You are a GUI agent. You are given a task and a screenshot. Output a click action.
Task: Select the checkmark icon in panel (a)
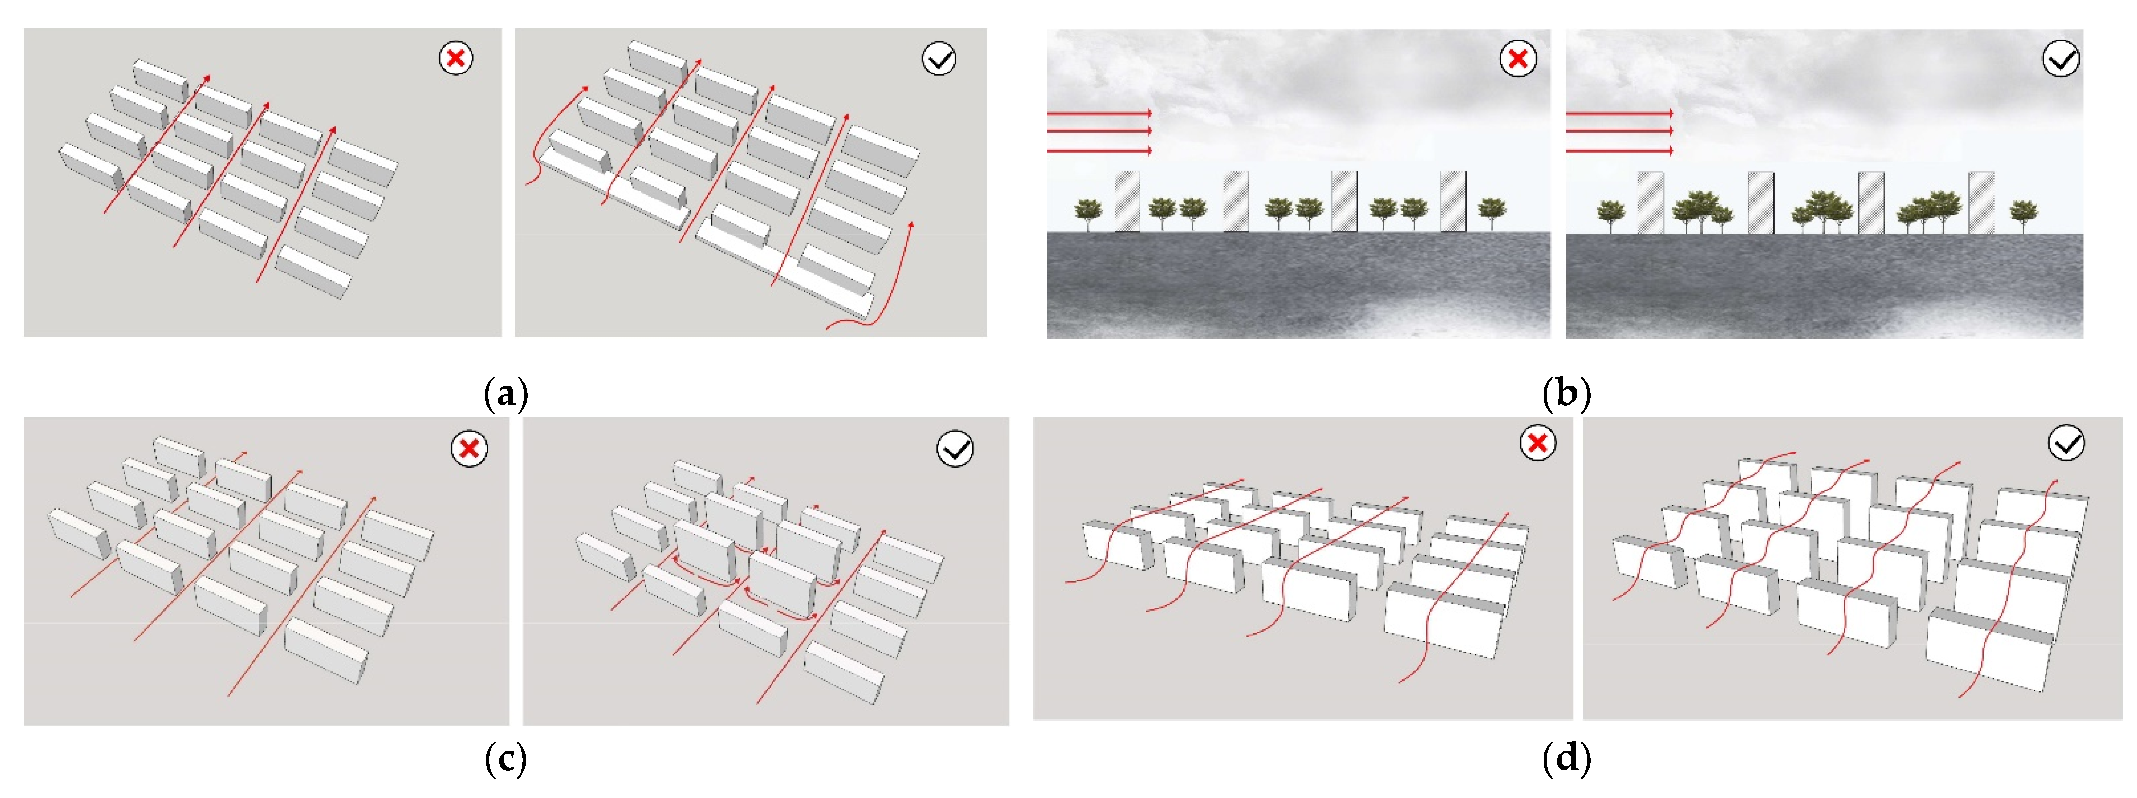939,58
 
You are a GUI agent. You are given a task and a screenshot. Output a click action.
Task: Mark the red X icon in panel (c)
469,449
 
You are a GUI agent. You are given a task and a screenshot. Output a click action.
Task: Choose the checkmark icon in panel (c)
955,449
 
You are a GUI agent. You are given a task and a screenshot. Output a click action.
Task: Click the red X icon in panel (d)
1537,443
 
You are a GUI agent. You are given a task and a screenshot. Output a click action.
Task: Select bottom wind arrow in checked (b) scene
1619,151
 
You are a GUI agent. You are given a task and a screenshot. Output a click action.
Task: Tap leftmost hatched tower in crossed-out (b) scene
1127,201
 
